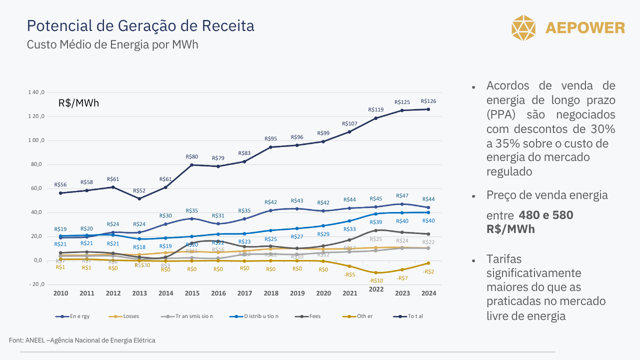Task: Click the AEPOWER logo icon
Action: coord(523,27)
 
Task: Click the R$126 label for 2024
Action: coord(428,101)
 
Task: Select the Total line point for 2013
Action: coord(139,198)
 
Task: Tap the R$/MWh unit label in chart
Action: coord(78,103)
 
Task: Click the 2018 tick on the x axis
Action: coord(271,293)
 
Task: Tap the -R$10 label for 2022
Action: coord(376,281)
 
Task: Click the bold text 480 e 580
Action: coord(546,215)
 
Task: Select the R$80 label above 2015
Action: coord(192,157)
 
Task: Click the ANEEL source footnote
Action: coord(82,340)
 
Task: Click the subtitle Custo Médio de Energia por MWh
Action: coord(112,44)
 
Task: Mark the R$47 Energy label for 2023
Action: coord(402,196)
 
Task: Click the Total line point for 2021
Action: coord(349,132)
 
